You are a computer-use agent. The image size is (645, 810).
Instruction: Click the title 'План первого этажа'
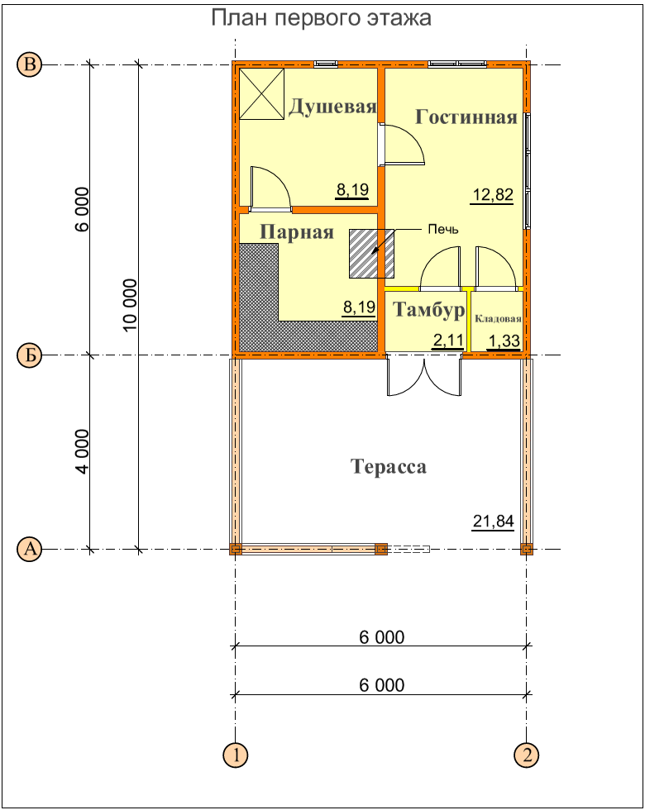pos(321,18)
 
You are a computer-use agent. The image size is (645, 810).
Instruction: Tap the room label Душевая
pos(332,107)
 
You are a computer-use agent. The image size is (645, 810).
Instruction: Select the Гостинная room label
pos(466,117)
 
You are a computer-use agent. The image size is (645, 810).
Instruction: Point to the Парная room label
pos(297,232)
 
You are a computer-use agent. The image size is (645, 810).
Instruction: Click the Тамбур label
pos(429,309)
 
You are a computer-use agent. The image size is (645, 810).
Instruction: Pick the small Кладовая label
pos(498,319)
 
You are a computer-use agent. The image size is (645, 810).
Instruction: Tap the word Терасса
pos(389,466)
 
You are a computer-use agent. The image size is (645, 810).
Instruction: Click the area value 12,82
pos(493,195)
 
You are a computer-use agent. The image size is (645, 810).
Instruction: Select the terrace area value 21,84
pos(493,522)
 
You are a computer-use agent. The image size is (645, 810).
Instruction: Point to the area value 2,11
pos(447,341)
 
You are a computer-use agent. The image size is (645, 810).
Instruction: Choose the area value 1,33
pos(504,341)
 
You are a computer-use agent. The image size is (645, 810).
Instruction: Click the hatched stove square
pos(371,254)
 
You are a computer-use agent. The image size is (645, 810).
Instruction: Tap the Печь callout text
pos(443,229)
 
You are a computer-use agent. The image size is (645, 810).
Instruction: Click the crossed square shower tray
pos(262,94)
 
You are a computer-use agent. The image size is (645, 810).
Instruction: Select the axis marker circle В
pos(30,64)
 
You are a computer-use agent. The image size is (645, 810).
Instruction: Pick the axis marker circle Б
pos(30,355)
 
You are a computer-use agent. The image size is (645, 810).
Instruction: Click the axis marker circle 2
pos(527,755)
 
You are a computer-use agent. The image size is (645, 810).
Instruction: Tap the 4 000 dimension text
pos(82,451)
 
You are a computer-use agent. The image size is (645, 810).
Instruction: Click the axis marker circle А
pos(30,549)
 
